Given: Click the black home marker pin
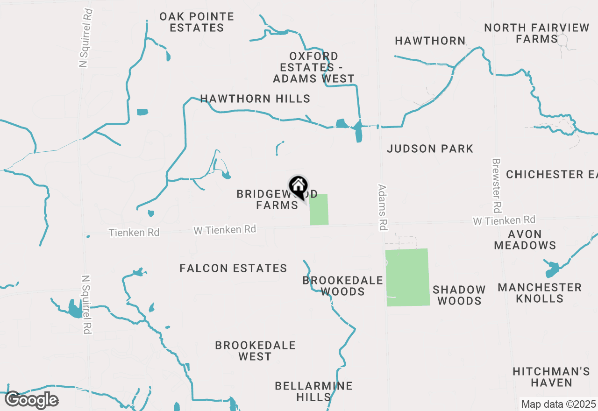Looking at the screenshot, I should point(298,187).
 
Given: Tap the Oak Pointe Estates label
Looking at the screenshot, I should point(197,22).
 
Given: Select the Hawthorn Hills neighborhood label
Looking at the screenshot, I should point(255,99).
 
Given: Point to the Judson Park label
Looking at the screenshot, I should point(430,149).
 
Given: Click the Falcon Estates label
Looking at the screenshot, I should point(233,268).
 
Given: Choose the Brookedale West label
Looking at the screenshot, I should point(255,351).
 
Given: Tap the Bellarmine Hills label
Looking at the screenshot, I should point(313,391).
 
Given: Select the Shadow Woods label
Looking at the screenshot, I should point(459,295).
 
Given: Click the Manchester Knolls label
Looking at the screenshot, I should point(540,293).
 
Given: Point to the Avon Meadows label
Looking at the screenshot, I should point(525,240).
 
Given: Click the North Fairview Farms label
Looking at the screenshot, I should point(537,33).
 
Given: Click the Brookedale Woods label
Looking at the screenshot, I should point(342,286).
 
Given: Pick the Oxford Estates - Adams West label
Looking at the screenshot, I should point(314,67).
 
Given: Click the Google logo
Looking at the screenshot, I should point(31,400).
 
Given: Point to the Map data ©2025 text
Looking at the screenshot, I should point(558,404).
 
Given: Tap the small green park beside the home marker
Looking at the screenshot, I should point(319,209).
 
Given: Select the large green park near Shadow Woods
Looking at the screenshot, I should point(407,277).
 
